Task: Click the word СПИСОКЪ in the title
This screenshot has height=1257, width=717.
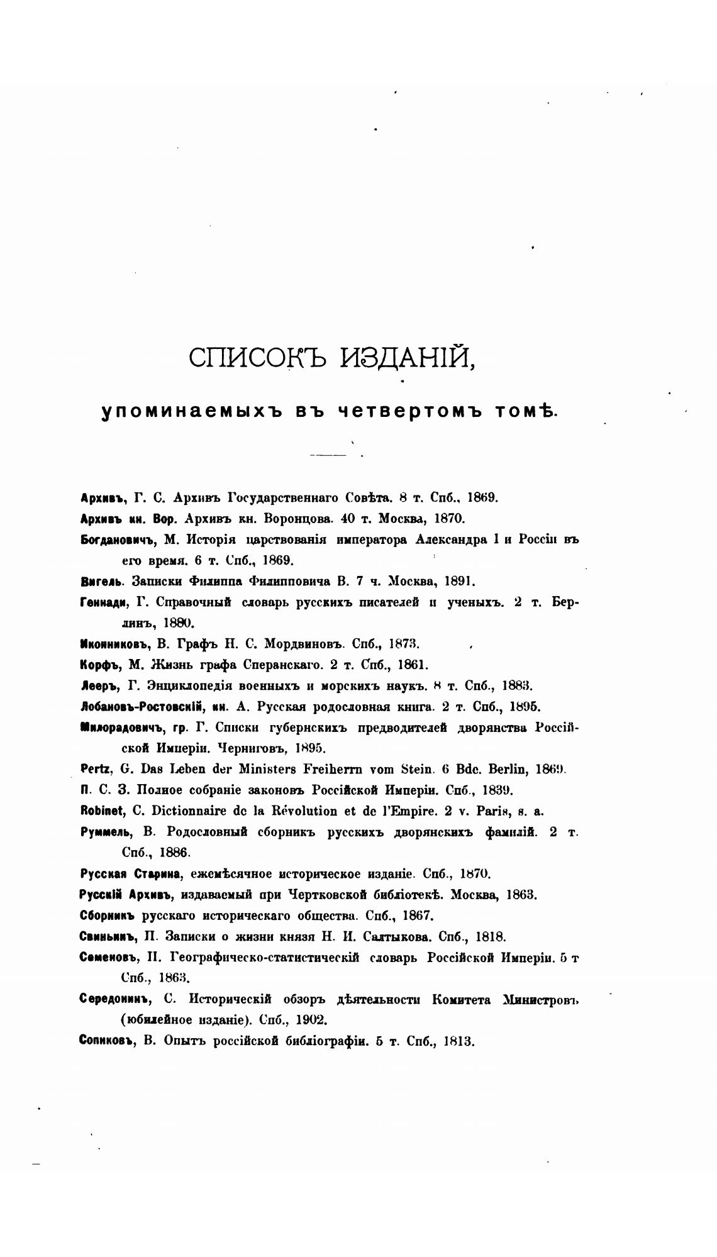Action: (x=258, y=358)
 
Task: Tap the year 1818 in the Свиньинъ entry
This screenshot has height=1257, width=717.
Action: (x=491, y=937)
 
